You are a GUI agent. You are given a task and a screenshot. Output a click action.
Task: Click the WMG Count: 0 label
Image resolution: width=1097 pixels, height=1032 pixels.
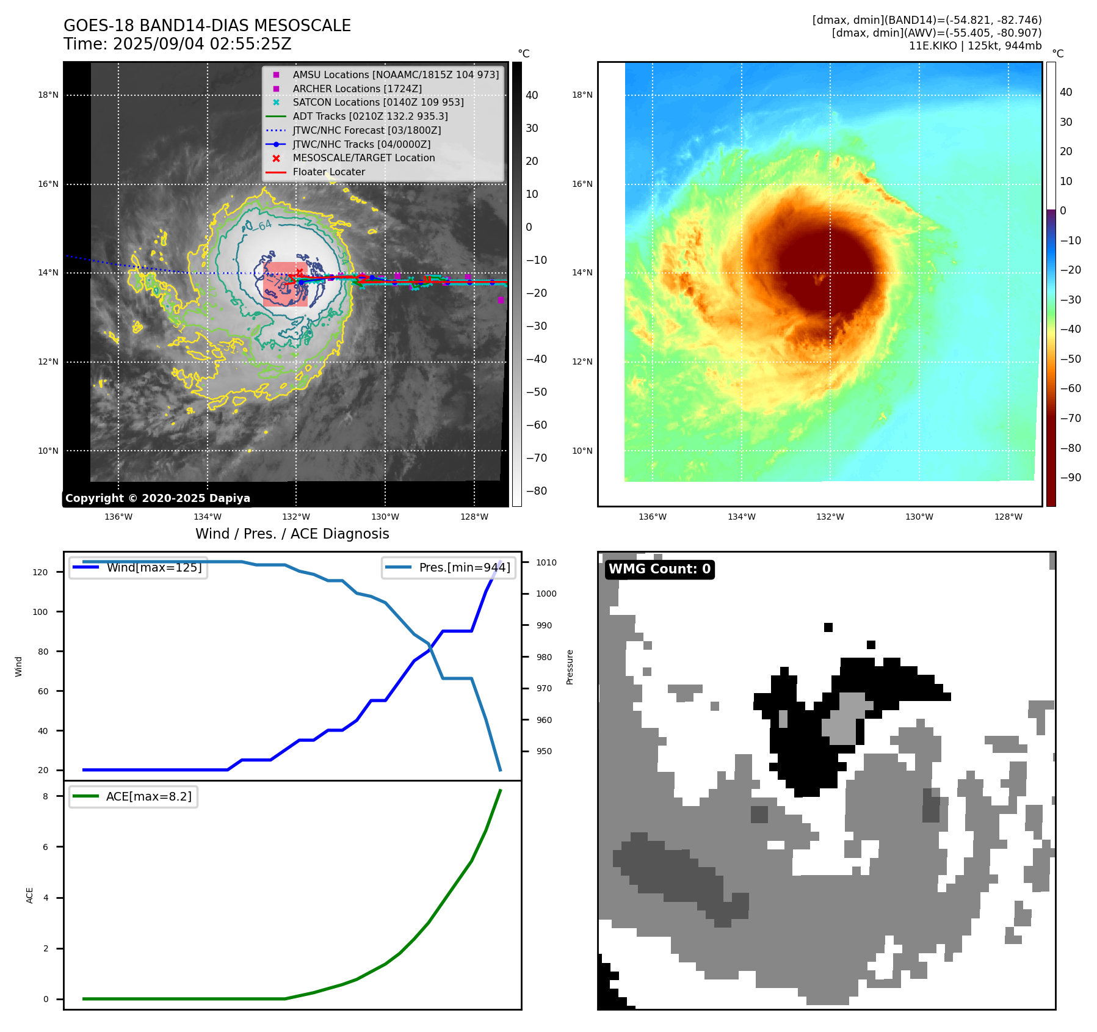(659, 569)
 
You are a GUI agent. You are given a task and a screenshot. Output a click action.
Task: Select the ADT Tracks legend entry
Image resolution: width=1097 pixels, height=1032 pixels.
(370, 116)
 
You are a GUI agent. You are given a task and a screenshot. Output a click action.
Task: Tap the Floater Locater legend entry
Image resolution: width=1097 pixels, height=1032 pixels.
(328, 172)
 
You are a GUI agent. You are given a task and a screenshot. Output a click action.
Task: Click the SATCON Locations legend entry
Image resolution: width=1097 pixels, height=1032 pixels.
(378, 102)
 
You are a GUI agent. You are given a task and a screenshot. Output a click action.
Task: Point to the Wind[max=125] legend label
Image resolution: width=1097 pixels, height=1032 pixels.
(154, 567)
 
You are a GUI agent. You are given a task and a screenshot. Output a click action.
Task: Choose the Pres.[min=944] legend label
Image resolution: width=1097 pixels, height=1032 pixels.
(464, 567)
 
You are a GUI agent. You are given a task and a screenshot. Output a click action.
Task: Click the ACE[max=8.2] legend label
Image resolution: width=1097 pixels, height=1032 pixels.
(148, 796)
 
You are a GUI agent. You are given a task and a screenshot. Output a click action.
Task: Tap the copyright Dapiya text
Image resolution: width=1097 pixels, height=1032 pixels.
(157, 498)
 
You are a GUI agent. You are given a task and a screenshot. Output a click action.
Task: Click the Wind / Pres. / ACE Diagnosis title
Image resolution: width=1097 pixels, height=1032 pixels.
(292, 534)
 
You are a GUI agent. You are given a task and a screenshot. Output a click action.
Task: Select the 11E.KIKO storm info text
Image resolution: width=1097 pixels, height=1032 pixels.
(975, 46)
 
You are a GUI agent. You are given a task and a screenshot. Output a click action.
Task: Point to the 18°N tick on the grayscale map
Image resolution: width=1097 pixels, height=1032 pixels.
(48, 95)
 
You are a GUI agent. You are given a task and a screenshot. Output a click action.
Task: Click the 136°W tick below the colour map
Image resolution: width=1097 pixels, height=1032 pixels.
(652, 517)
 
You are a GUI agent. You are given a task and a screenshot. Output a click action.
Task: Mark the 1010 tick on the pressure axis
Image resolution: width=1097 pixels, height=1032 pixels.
(546, 562)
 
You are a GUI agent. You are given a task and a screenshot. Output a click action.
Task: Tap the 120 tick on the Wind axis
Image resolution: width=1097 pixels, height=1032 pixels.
(40, 572)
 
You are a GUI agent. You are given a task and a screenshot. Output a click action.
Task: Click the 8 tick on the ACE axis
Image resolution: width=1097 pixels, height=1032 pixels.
(45, 796)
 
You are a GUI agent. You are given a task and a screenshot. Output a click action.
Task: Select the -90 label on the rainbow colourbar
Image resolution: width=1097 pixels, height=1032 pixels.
(1070, 478)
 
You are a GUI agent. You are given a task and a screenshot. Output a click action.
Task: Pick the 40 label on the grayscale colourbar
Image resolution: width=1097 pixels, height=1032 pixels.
(532, 95)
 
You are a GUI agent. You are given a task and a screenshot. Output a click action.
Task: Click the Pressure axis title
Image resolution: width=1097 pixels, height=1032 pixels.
(570, 667)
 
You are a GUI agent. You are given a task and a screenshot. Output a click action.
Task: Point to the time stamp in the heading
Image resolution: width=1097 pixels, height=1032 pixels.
(177, 45)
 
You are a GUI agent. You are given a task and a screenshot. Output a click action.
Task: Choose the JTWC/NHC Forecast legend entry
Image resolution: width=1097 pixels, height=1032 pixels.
(366, 130)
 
